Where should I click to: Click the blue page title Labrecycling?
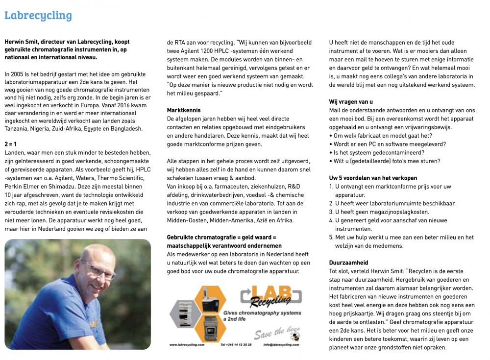(x=38, y=15)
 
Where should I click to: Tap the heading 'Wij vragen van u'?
(x=350, y=101)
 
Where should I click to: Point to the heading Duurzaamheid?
(x=348, y=263)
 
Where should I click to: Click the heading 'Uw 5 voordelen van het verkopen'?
(x=373, y=178)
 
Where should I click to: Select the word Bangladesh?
(x=126, y=129)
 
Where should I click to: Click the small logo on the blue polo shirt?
(x=93, y=324)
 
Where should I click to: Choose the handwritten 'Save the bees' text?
(x=272, y=333)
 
